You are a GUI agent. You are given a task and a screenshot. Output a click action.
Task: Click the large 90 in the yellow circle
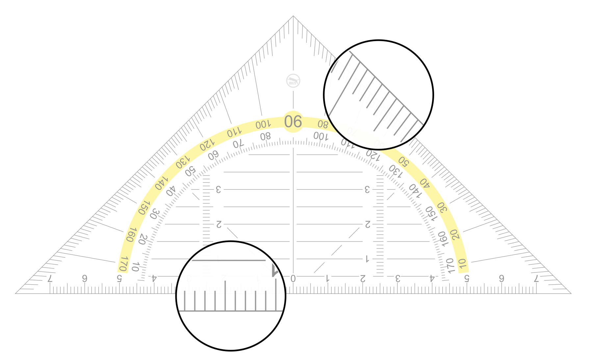293,121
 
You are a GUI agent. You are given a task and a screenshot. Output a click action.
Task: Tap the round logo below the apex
293,81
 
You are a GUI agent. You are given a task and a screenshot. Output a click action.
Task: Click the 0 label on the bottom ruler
293,279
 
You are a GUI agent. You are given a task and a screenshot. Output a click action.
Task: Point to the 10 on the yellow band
463,264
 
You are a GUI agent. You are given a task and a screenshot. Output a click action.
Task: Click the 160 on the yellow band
131,234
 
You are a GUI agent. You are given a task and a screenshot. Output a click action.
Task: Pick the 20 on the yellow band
455,235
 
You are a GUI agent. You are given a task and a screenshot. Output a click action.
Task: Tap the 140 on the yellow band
161,183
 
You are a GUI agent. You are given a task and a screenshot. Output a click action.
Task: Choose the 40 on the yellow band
425,183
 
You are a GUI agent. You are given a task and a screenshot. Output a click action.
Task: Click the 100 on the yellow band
263,124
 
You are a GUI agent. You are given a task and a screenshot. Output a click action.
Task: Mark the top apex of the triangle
293,16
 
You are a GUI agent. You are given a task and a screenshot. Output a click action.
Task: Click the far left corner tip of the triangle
16,293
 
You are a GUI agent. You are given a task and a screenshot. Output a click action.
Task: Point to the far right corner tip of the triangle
571,293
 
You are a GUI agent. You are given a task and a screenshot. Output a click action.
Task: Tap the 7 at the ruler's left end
50,279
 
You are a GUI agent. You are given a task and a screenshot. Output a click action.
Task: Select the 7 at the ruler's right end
536,279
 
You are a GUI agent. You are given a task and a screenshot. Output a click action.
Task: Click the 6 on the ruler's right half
501,279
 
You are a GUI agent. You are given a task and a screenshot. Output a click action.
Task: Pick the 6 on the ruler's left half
85,279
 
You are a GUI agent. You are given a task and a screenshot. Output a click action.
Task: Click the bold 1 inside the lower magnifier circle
274,271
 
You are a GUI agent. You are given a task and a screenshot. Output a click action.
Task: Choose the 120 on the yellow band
207,145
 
